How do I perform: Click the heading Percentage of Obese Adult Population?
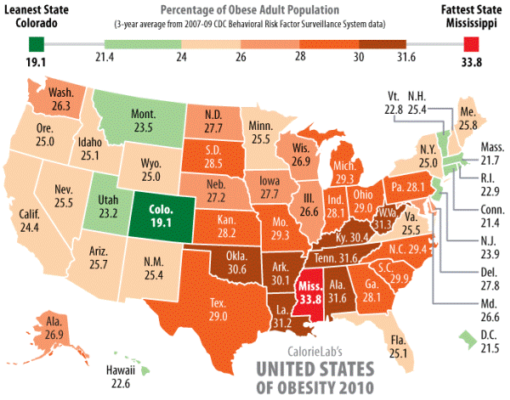coord(254,9)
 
